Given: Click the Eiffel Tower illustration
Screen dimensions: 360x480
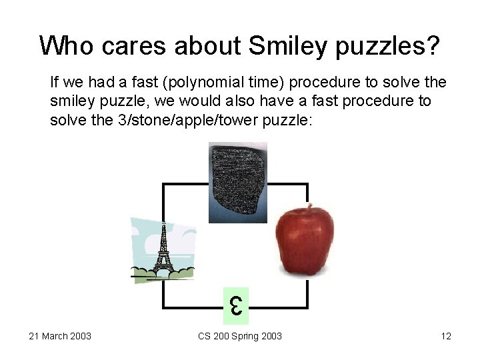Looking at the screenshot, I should [163, 249].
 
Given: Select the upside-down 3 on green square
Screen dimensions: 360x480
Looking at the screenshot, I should [235, 307].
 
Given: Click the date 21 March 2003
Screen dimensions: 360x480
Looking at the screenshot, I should [60, 336].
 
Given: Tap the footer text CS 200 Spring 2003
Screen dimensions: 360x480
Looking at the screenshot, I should [240, 336].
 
